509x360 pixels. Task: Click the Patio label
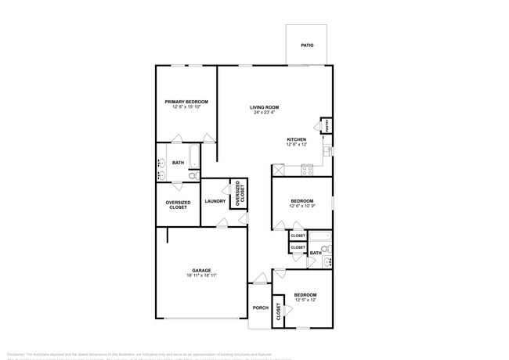tap(308, 45)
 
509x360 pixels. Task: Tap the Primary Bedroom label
tap(187, 102)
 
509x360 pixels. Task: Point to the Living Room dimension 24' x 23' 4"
tap(265, 113)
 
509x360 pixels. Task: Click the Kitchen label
tap(296, 140)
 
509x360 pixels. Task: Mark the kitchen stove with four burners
tap(307, 169)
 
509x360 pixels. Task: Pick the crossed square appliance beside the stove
tap(278, 169)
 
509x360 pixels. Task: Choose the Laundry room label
tap(215, 202)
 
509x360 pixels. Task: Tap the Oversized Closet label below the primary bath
tap(178, 205)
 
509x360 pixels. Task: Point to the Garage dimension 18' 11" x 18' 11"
tap(202, 275)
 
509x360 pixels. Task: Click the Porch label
tap(261, 308)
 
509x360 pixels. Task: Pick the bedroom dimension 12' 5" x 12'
tap(305, 299)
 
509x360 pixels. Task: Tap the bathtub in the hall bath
tap(320, 236)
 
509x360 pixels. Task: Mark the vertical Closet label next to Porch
tap(279, 312)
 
